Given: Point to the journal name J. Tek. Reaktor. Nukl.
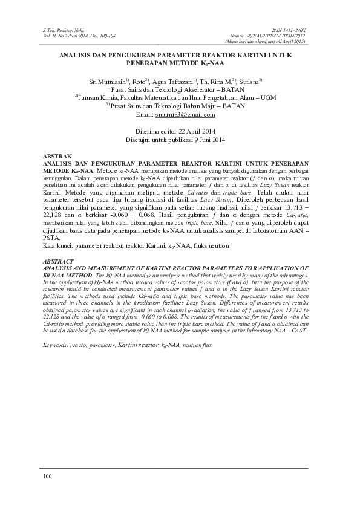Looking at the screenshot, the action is tap(61, 28).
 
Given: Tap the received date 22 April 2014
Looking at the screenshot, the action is tap(192, 131).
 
